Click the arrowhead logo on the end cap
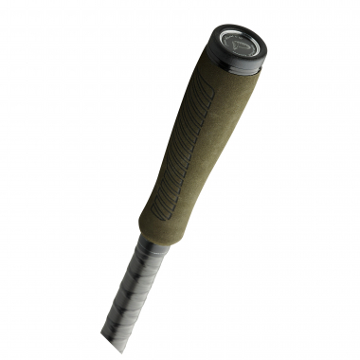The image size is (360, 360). click(241, 43)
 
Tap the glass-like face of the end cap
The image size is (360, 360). click(242, 42)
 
